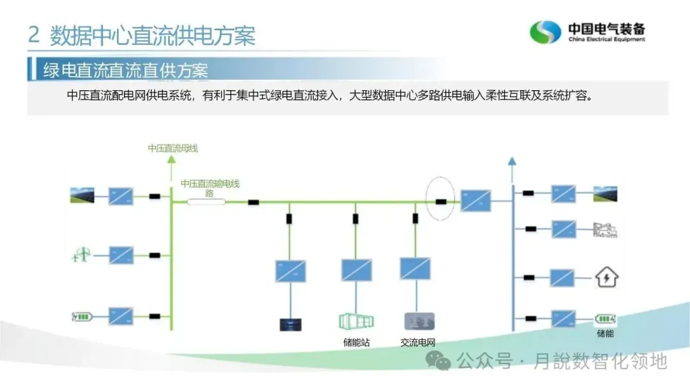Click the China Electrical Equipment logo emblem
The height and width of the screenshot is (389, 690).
click(544, 32)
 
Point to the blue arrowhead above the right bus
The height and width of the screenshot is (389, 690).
click(511, 161)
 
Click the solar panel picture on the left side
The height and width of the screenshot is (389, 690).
click(82, 195)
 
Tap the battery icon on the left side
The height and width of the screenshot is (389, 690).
click(82, 316)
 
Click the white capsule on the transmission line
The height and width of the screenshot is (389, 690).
click(206, 202)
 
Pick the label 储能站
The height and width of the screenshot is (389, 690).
click(356, 342)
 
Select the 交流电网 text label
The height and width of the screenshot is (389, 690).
click(417, 342)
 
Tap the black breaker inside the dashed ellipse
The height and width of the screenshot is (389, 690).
click(441, 202)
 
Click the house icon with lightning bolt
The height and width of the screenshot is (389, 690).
click(606, 277)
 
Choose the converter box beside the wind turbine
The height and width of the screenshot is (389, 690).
click(121, 255)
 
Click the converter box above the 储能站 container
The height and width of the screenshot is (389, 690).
click(356, 270)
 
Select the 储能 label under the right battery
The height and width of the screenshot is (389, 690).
click(605, 333)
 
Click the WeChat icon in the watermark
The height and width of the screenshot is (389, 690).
click(441, 361)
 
